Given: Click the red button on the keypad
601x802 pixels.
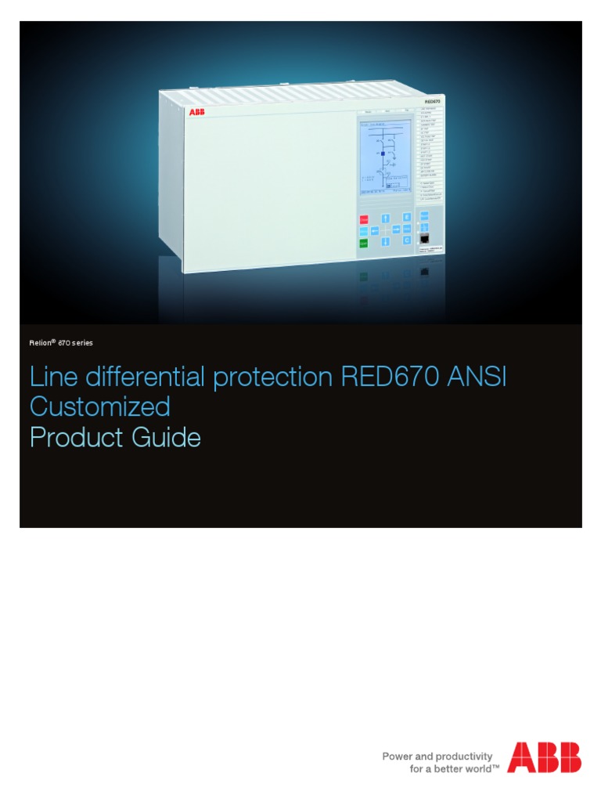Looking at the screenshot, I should [364, 220].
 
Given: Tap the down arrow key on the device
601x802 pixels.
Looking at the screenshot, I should [386, 243].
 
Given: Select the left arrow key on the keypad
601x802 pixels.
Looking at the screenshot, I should [374, 230].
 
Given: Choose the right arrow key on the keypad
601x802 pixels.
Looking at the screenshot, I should [397, 229].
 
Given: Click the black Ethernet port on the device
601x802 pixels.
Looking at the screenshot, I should [424, 237].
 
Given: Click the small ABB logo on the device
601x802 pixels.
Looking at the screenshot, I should [196, 112].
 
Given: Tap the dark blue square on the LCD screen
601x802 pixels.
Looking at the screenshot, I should [382, 154].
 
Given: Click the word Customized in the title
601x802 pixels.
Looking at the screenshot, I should [99, 407].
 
